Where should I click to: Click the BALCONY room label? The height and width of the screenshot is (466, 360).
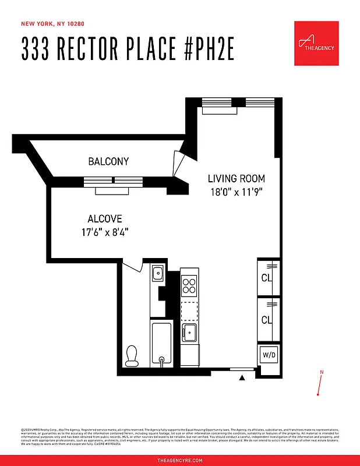point(108,161)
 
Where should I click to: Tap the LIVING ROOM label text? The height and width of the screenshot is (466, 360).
point(237,179)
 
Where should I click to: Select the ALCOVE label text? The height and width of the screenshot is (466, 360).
point(105,219)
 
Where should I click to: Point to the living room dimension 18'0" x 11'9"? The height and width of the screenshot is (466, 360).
point(237,192)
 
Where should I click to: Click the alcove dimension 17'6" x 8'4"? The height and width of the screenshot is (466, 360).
point(105,232)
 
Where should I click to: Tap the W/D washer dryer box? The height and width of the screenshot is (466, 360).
point(269,354)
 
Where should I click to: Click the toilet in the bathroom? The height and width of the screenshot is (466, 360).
point(132,355)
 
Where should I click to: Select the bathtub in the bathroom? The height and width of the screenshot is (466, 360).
point(161,344)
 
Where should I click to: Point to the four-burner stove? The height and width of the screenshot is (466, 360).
point(189,285)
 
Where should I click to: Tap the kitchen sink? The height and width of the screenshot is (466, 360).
point(189,333)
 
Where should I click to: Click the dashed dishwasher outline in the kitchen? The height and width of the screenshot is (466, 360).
point(189,310)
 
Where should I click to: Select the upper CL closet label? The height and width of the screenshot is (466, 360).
point(267,278)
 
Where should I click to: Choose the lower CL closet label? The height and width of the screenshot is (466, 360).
point(267,320)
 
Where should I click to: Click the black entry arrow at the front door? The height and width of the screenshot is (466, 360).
point(242,378)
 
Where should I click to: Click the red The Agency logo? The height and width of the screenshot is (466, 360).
point(316,43)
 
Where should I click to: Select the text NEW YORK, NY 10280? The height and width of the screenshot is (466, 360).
point(50,24)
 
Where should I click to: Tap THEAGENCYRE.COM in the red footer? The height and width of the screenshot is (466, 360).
point(180,460)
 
